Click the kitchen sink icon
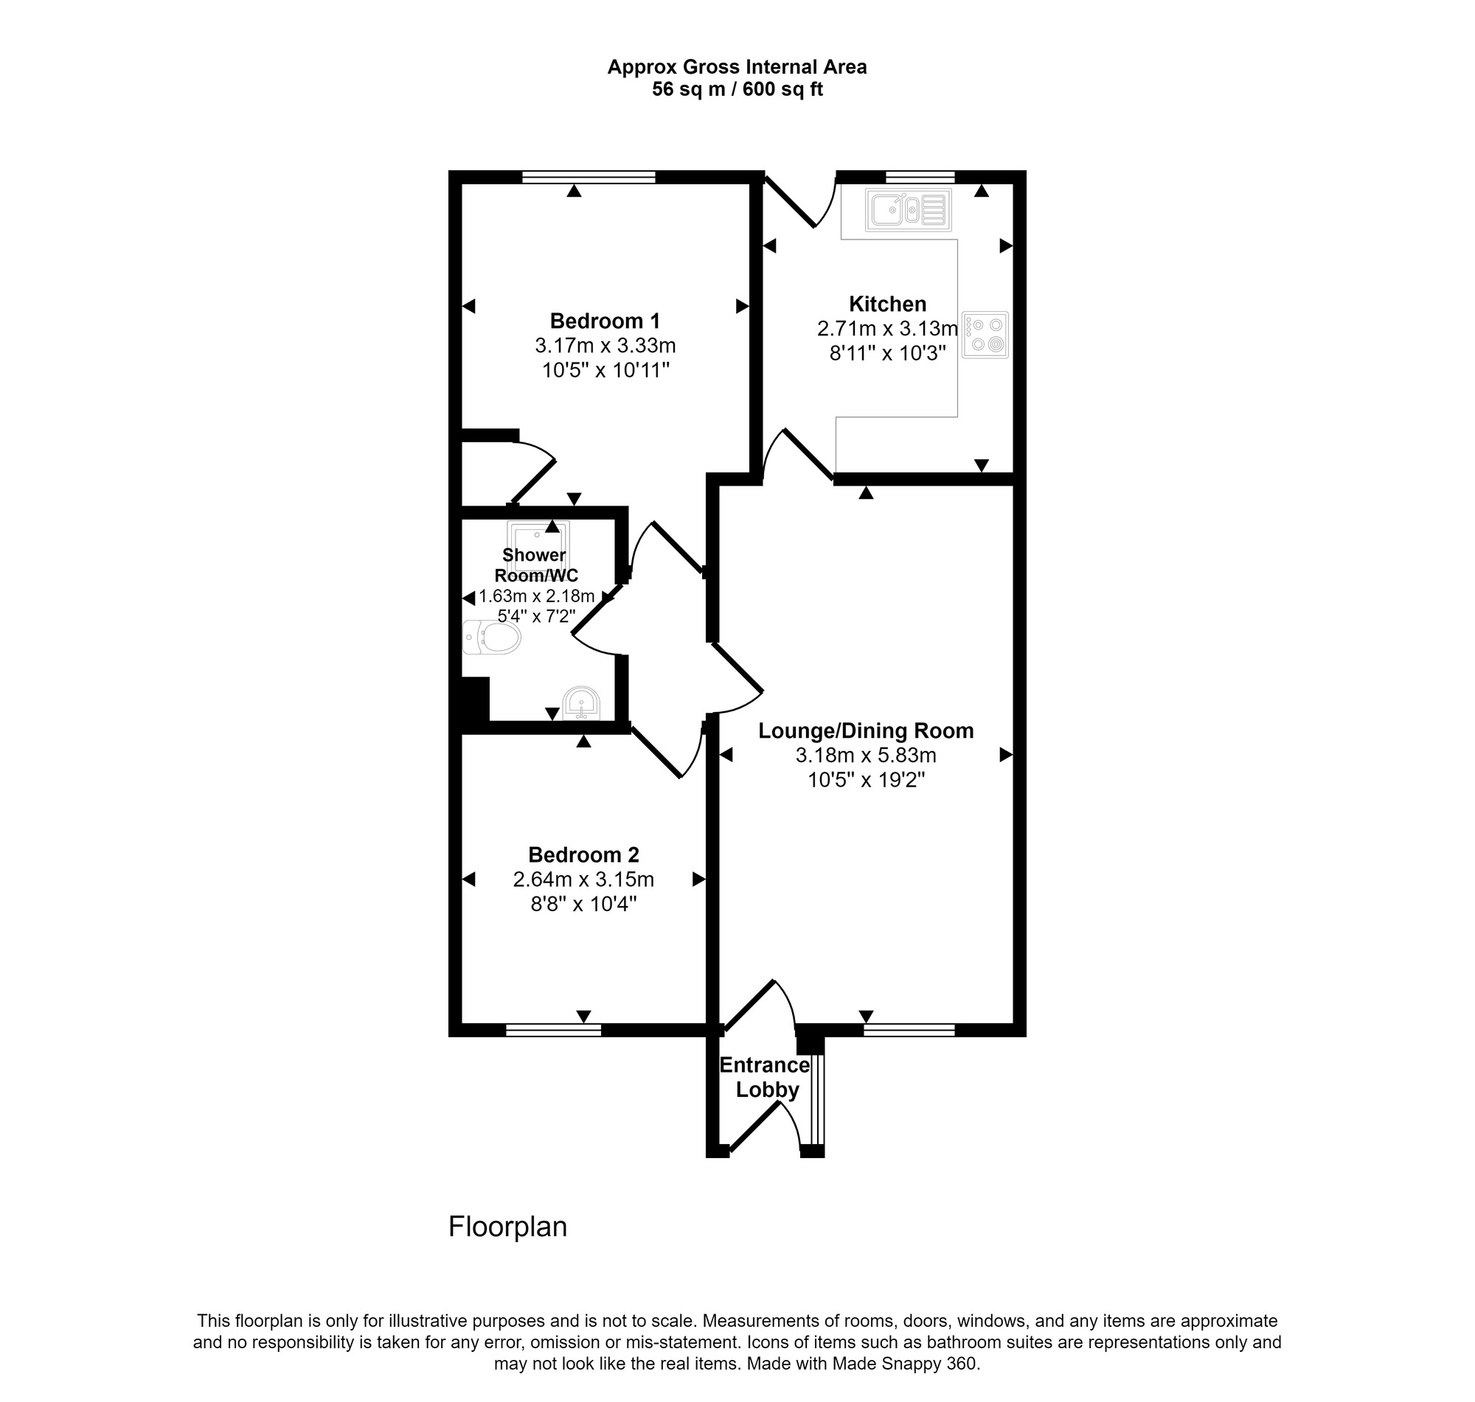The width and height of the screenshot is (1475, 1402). click(x=908, y=209)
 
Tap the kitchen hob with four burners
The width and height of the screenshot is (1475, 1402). click(x=985, y=335)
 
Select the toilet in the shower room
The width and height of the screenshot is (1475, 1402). click(x=491, y=638)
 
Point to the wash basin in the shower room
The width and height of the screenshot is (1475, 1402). click(x=582, y=702)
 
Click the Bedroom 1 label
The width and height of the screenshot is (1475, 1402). click(x=605, y=321)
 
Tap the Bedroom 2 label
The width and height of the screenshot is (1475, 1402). click(x=583, y=854)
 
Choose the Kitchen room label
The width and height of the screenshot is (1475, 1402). click(x=887, y=304)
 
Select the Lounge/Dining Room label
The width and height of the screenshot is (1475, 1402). click(x=866, y=730)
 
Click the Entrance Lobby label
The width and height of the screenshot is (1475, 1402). click(x=766, y=1077)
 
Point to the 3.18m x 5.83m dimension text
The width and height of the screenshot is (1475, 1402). click(x=866, y=755)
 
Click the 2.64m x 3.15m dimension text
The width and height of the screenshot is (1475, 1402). click(x=583, y=879)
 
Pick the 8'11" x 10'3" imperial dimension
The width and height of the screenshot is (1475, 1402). click(x=887, y=353)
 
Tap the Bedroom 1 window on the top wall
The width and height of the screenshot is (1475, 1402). click(x=589, y=177)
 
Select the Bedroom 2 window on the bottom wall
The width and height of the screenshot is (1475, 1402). click(x=553, y=1030)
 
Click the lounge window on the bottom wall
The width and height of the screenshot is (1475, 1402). click(x=909, y=1030)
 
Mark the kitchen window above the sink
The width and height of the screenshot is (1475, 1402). click(x=920, y=177)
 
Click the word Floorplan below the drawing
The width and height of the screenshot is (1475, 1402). click(x=507, y=1227)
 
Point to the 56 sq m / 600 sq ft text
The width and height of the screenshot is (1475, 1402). click(x=737, y=90)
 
